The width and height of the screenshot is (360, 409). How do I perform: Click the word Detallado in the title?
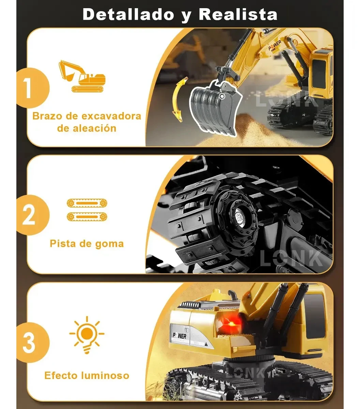point(128,14)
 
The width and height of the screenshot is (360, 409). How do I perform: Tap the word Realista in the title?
point(238,14)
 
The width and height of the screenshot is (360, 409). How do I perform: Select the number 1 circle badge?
point(32,88)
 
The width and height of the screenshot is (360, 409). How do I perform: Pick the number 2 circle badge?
point(32,215)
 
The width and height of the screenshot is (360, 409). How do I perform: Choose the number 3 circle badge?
point(32,343)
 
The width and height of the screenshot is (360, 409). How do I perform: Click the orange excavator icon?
point(82,76)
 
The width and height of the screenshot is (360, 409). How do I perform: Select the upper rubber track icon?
point(87,203)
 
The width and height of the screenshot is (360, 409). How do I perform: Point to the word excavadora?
point(111,116)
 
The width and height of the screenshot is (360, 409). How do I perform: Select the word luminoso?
point(105,376)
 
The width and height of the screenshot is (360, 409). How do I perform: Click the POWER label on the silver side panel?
point(180,336)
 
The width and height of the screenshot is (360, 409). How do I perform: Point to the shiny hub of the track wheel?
point(240,218)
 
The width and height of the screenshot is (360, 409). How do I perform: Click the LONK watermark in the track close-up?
point(291,258)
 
